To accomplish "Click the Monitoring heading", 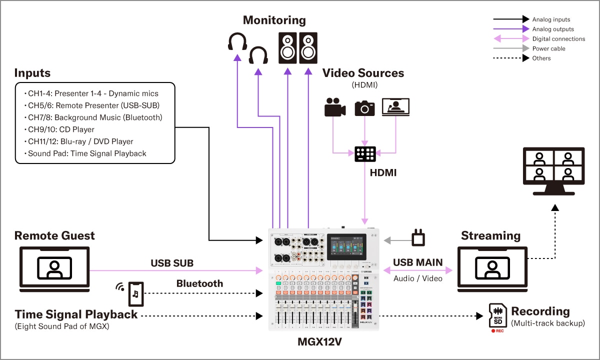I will (274, 20).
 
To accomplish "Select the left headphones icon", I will (237, 42).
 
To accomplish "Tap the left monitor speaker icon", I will (287, 48).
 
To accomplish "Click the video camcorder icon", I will (334, 107).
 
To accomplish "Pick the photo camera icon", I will (365, 107).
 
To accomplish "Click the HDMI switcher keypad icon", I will (365, 154).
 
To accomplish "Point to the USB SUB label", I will (172, 263).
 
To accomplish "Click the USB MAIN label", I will (417, 263).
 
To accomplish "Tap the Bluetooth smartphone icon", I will (135, 294).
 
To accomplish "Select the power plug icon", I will (417, 238).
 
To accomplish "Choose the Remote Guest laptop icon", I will (54, 269).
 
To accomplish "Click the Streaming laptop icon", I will (492, 269).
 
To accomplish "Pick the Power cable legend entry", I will (548, 48).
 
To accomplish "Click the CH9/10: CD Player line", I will (61, 129).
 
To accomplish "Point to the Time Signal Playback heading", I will (76, 314).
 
